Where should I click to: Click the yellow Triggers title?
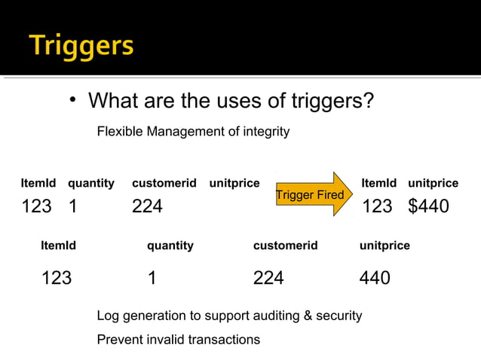82,46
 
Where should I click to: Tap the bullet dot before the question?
74,101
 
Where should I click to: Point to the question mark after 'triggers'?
368,100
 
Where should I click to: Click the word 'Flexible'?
120,132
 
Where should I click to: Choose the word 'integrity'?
265,132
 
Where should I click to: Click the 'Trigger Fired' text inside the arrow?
310,195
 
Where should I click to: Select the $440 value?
428,206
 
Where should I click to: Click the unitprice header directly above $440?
433,183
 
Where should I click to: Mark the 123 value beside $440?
377,206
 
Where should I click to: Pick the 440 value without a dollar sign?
375,278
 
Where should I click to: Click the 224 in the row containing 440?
268,278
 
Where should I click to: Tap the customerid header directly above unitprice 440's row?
285,246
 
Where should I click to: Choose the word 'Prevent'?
118,339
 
